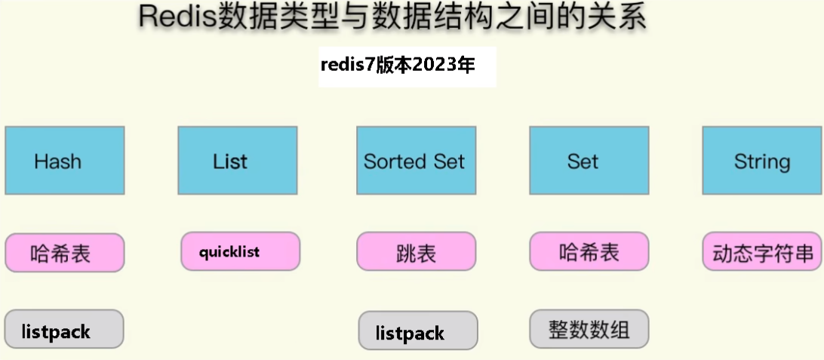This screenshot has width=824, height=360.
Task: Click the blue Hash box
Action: point(65,160)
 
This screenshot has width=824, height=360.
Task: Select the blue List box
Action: point(238,160)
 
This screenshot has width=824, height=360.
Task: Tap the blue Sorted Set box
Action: point(417,160)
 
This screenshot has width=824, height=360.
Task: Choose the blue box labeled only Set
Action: point(589,160)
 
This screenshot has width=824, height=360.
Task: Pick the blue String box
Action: point(763,160)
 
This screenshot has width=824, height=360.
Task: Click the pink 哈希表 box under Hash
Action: point(65,253)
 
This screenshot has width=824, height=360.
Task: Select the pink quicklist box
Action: point(240,251)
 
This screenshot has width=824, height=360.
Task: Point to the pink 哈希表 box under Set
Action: point(589,251)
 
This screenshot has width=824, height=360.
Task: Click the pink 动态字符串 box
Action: point(763,251)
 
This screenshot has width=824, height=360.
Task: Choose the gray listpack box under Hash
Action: point(64,329)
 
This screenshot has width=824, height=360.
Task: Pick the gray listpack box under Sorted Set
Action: point(418,331)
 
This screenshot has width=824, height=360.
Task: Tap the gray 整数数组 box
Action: point(589,329)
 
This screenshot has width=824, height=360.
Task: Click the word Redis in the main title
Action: point(177,17)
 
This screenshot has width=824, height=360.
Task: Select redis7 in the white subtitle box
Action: point(349,65)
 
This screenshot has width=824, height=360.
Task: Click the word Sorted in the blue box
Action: point(389,161)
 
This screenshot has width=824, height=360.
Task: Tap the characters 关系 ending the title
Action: point(621,17)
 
